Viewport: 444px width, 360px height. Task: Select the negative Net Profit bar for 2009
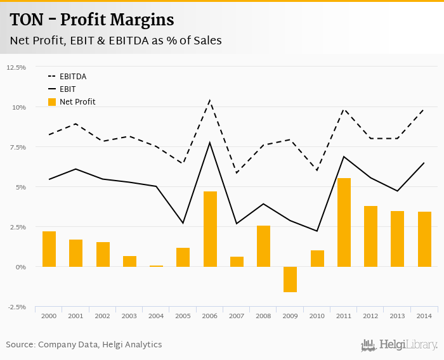point(291,280)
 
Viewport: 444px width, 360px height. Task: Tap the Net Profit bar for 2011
point(344,222)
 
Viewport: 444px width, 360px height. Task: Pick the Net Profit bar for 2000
point(49,249)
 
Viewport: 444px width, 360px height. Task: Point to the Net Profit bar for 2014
point(424,239)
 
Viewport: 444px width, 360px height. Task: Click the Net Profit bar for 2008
point(263,246)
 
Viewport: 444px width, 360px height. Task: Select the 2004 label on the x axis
point(156,315)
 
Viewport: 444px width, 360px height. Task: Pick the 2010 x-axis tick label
point(317,315)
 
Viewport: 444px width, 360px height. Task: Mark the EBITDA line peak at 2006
point(210,100)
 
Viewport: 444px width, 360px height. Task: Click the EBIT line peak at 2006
point(210,143)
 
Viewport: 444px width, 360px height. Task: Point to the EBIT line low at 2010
point(317,231)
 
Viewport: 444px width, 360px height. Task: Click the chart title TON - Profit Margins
point(92,20)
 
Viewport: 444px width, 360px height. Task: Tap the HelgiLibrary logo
point(399,345)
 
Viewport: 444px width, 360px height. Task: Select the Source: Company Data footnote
point(84,345)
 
